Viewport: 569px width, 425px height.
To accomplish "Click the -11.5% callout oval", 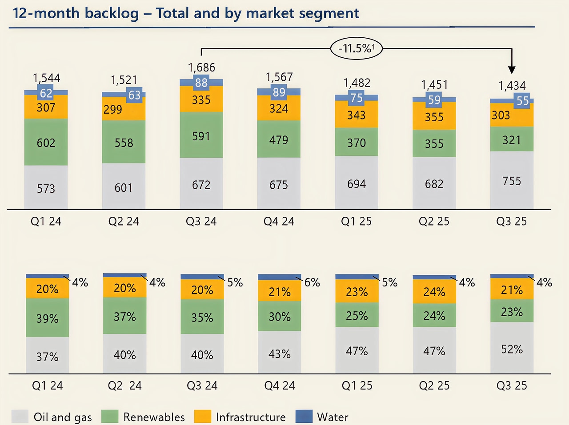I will coord(356,48).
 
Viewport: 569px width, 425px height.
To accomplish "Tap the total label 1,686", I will coord(201,68).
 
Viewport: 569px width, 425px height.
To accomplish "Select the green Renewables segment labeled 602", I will coord(46,142).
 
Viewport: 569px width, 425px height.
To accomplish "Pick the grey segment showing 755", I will coord(512,180).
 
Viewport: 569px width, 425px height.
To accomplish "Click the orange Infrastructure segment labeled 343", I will coord(357,115).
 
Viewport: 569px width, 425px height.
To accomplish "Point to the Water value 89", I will coord(279,92).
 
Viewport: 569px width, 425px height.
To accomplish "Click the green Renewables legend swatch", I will coord(110,417).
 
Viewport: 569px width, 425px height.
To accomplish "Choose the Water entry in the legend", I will coord(332,417).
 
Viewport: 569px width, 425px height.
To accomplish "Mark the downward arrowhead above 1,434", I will coord(512,69).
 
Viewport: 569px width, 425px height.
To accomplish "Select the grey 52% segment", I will coord(512,349).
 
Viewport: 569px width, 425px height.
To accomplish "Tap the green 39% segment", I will coord(47,318).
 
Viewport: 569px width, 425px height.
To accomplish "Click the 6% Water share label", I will coord(312,282).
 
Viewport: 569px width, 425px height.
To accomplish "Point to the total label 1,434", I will coord(512,86).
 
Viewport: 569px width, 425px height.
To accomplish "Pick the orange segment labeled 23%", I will coord(357,291).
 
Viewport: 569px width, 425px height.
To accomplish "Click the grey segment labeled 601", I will coord(124,187).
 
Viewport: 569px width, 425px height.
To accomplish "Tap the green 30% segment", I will coord(279,316).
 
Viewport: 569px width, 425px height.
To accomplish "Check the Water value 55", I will coord(522,101).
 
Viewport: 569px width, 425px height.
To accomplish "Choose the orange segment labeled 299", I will coord(113,109).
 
